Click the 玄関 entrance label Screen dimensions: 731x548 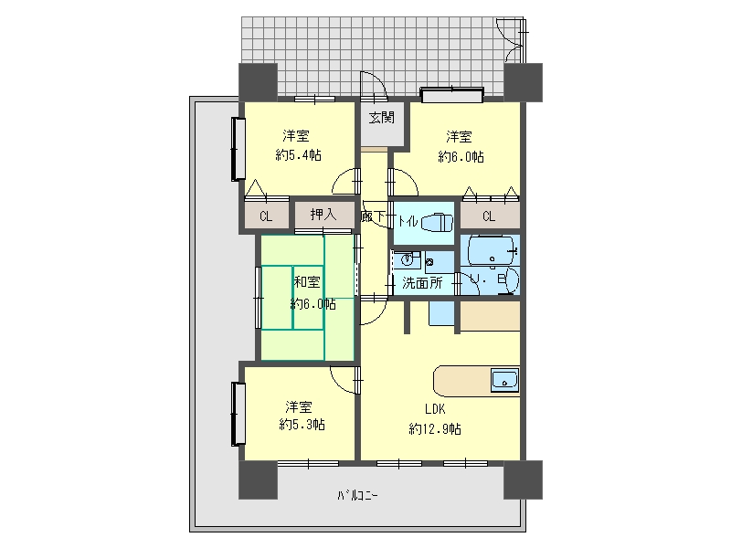coord(382,118)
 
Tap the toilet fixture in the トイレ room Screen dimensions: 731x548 coord(437,222)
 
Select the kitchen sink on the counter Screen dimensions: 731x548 coord(504,379)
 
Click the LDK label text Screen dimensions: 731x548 coord(435,409)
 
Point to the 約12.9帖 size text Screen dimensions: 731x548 coord(435,428)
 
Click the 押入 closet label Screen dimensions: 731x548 coord(323,215)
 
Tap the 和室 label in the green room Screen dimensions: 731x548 coord(307,282)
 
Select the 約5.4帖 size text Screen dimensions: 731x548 coord(299,155)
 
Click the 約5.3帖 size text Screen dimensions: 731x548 coord(302,425)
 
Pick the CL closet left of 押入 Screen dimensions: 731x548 coord(266,216)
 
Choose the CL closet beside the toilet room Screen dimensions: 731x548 coord(489,216)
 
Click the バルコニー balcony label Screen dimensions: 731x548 coord(358,495)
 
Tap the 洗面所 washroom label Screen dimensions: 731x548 coord(422,283)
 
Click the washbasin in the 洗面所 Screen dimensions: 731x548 coord(407,258)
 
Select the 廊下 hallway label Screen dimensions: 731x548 coord(373,216)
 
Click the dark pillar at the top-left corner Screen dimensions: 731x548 coord(258,82)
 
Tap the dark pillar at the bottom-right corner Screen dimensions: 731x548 coord(523,479)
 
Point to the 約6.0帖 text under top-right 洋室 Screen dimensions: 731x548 coord(461,157)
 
